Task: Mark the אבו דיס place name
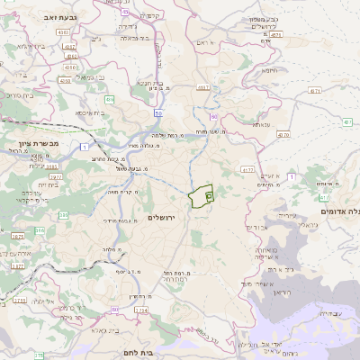tap(256, 227)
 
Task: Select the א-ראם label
tap(205, 43)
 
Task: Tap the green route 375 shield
tap(18, 301)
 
